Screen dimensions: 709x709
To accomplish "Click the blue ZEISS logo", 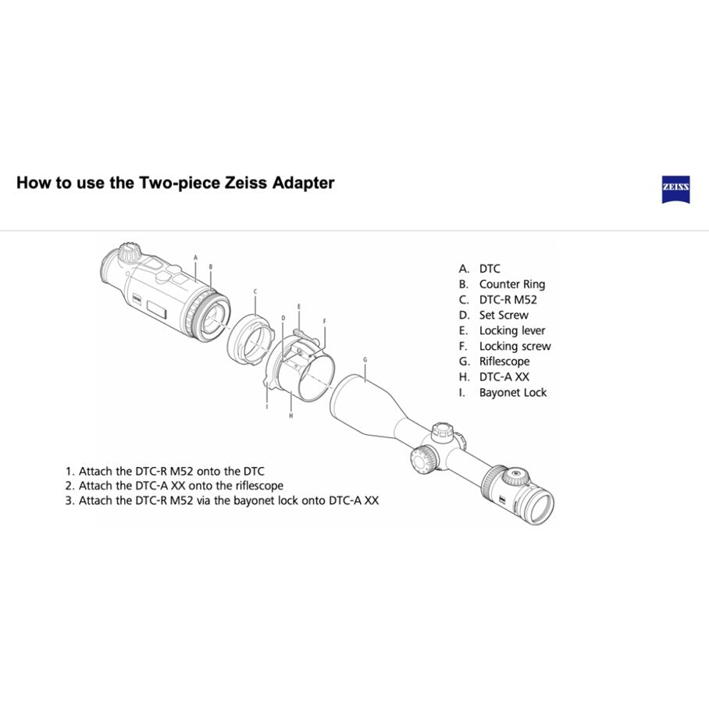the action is pyautogui.click(x=675, y=190).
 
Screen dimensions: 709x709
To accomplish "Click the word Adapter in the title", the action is pyautogui.click(x=304, y=183).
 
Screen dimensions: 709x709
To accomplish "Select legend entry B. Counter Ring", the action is pyautogui.click(x=502, y=284).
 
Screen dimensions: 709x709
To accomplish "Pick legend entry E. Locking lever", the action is pyautogui.click(x=502, y=331).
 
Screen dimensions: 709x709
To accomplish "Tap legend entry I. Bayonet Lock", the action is pyautogui.click(x=502, y=393).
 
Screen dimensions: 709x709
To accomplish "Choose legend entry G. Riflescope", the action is pyautogui.click(x=494, y=362).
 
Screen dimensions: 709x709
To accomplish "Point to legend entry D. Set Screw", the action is pyautogui.click(x=493, y=315).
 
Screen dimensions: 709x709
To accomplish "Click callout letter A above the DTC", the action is pyautogui.click(x=196, y=258).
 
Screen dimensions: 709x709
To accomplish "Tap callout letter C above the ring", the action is pyautogui.click(x=255, y=292).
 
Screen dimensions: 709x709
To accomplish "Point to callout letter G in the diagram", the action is pyautogui.click(x=365, y=360).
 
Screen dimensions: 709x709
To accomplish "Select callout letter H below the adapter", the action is pyautogui.click(x=290, y=415).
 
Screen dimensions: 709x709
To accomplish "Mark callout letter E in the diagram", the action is pyautogui.click(x=299, y=307).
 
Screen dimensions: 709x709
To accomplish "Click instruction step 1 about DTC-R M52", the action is pyautogui.click(x=165, y=472).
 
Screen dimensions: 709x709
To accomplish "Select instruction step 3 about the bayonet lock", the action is pyautogui.click(x=222, y=501).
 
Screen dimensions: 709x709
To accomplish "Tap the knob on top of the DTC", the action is pyautogui.click(x=130, y=251).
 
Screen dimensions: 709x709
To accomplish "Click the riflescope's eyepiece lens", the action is pyautogui.click(x=540, y=508).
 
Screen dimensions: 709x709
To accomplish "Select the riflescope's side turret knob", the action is pyautogui.click(x=424, y=458).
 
